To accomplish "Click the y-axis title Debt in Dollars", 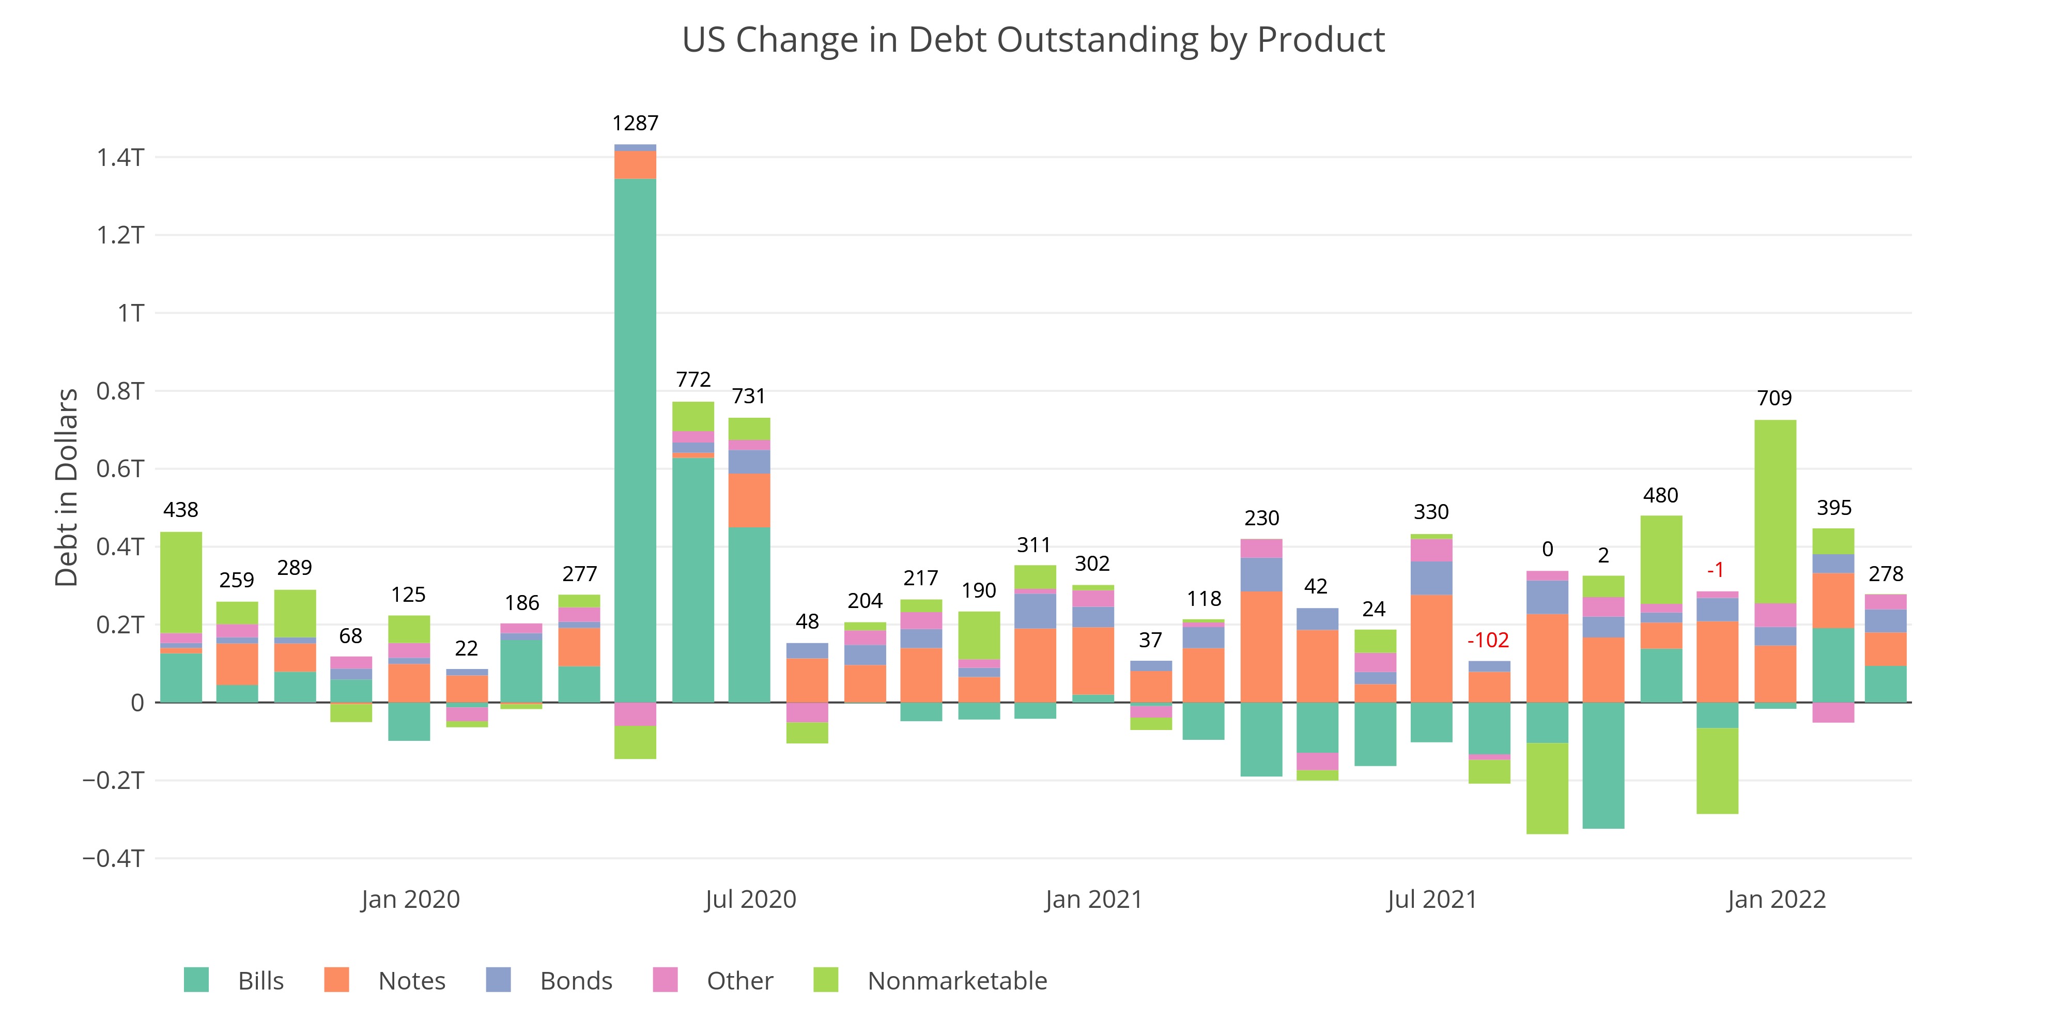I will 67,488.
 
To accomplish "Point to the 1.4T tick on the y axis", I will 120,157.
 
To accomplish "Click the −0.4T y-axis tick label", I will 113,858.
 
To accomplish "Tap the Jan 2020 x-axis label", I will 410,899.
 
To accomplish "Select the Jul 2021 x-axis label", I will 1431,899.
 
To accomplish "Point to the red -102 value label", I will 1488,640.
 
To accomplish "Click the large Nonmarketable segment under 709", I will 1775,511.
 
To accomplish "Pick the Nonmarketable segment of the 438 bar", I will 181,582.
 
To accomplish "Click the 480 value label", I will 1660,495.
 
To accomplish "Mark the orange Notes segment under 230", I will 1261,646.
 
